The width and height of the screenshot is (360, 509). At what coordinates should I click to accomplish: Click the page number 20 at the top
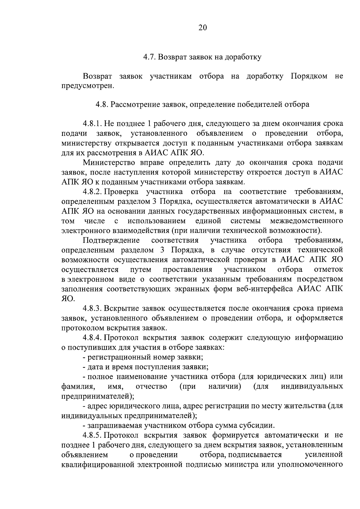202,28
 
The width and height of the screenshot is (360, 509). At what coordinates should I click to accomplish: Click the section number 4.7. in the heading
149,57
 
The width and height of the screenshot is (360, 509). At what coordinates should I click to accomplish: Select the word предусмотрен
88,86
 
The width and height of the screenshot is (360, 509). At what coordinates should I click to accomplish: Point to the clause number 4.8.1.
93,124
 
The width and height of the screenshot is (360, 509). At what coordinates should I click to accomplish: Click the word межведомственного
306,221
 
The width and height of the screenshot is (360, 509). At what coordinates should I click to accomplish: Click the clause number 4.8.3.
93,309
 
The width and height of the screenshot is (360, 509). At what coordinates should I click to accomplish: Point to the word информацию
319,338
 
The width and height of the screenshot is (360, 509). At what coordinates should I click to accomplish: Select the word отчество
151,387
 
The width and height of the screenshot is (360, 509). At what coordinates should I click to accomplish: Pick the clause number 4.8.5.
93,435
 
